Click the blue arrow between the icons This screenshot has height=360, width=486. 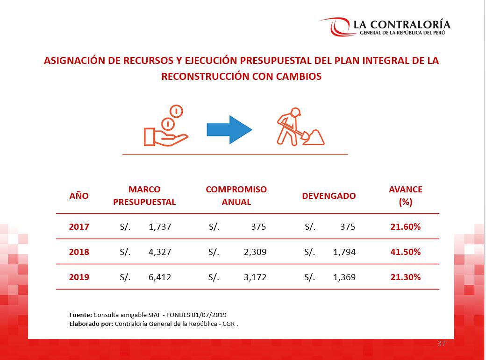(229, 130)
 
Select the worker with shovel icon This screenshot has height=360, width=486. (299, 127)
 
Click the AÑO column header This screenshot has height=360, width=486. (79, 196)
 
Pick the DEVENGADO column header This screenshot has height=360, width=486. (329, 196)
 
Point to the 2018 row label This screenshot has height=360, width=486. (79, 252)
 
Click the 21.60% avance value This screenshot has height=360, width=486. (405, 227)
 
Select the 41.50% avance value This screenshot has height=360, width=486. (405, 252)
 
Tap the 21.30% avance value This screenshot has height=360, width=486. (405, 277)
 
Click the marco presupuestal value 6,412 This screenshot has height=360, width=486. (160, 277)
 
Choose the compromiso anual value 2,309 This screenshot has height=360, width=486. (255, 252)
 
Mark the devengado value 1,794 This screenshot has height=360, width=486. (344, 252)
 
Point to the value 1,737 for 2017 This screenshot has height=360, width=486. (160, 227)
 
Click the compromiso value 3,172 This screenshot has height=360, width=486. (255, 277)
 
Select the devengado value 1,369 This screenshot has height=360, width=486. (344, 277)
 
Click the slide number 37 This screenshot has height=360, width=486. (441, 344)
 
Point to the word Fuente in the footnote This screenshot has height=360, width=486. (80, 315)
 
